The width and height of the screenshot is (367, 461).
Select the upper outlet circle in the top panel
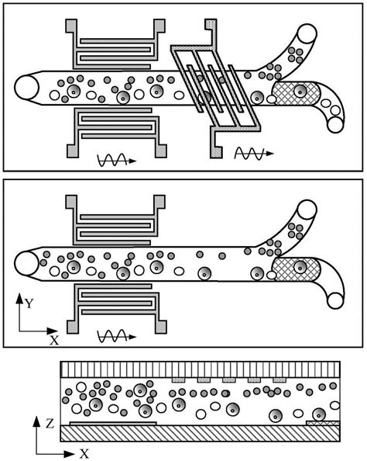pyautogui.click(x=307, y=35)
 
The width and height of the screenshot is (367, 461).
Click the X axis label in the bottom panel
pyautogui.click(x=84, y=452)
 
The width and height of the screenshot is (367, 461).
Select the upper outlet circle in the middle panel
pyautogui.click(x=307, y=211)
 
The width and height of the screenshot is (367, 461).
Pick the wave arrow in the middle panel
pyautogui.click(x=116, y=338)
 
